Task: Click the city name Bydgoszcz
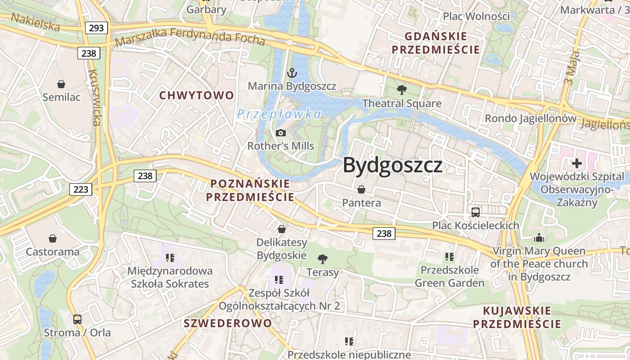click(393, 166)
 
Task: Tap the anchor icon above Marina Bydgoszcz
click(292, 72)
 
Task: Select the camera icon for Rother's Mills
click(281, 133)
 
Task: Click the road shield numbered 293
click(96, 28)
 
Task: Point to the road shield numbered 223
click(81, 189)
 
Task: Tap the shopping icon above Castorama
click(53, 238)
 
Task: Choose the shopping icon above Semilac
click(61, 84)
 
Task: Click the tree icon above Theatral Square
click(401, 90)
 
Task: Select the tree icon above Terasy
click(322, 259)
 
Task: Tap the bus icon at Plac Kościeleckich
click(476, 212)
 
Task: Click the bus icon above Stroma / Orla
click(77, 319)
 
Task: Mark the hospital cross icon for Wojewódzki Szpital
click(577, 163)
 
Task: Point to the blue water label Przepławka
click(279, 114)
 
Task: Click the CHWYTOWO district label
click(197, 95)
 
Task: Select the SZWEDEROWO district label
click(228, 323)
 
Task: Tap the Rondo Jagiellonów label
click(530, 119)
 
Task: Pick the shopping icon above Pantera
click(361, 189)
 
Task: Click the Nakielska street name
click(35, 22)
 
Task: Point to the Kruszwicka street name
click(94, 97)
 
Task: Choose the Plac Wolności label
click(476, 16)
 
